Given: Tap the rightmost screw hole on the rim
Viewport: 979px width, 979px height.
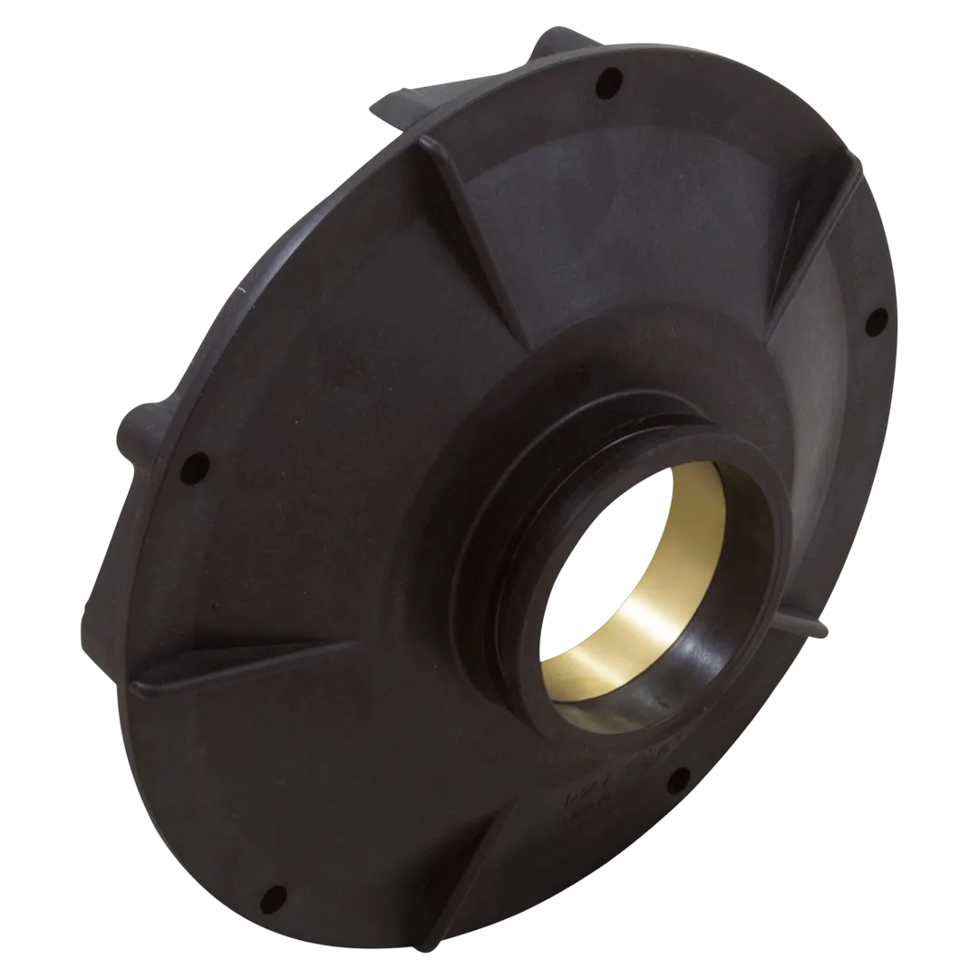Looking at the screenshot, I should tap(877, 320).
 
